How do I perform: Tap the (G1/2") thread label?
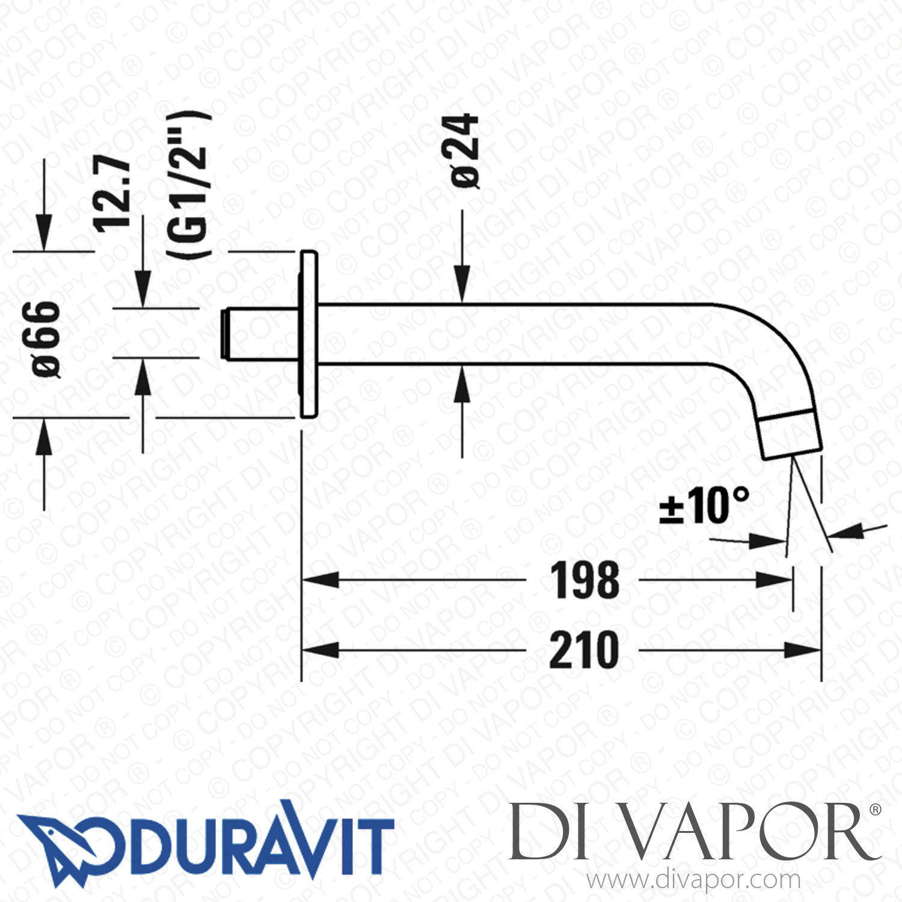(x=189, y=185)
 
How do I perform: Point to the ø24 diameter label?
(x=465, y=152)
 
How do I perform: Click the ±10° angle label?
(x=704, y=505)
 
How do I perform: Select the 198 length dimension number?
(x=584, y=581)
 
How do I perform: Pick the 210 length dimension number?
(x=584, y=651)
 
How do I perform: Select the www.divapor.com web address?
(x=693, y=880)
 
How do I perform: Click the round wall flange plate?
(x=308, y=334)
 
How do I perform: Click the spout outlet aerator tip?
(x=789, y=434)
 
